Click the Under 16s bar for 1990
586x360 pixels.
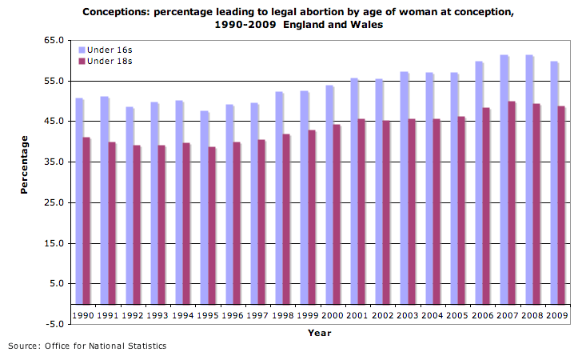point(79,200)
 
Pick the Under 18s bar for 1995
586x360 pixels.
point(212,225)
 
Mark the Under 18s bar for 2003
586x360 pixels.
point(412,211)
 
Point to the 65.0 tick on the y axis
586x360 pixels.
point(54,40)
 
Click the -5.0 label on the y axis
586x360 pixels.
point(54,324)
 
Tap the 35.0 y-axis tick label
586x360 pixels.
point(54,162)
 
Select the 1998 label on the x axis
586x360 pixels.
point(284,315)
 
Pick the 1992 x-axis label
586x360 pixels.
point(134,315)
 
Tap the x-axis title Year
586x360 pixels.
point(319,333)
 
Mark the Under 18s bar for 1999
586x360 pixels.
point(312,217)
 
